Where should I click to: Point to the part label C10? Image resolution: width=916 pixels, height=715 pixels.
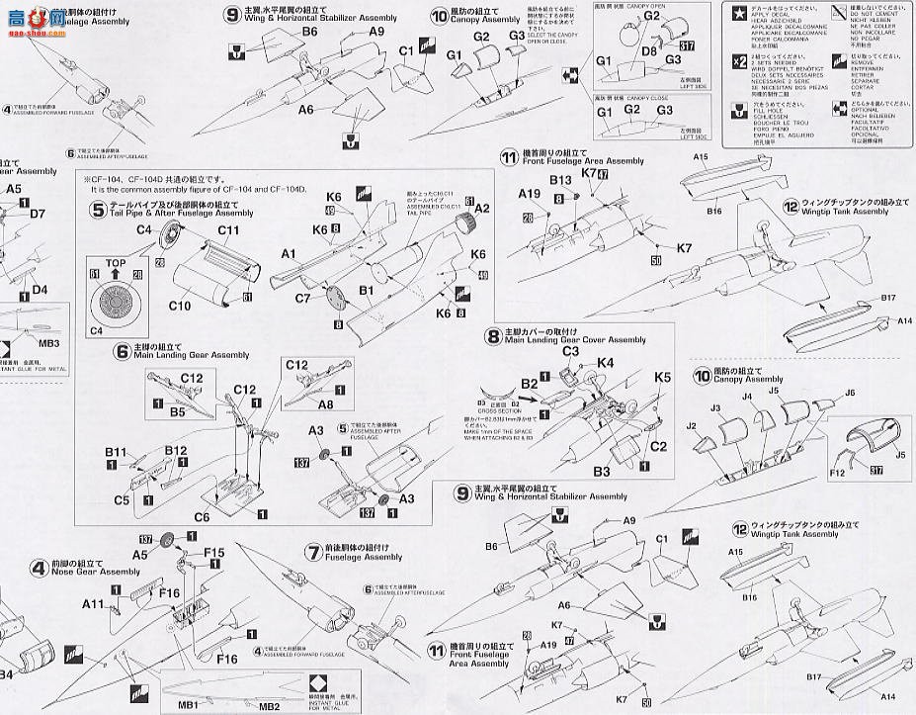pos(180,306)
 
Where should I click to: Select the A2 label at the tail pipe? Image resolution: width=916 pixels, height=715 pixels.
pos(482,209)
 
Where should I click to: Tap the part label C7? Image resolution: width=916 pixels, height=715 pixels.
pos(303,297)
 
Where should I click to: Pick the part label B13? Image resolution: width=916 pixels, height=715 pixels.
pos(561,181)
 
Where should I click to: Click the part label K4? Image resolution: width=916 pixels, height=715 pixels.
pos(606,364)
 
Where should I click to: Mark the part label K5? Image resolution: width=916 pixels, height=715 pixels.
pos(662,377)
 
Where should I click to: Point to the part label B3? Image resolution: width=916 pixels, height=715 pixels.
pos(601,473)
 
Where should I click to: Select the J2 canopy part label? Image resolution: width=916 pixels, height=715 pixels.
pos(693,427)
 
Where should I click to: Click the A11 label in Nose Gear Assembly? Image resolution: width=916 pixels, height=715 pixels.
pos(93,603)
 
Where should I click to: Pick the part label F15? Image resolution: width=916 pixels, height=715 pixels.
pos(214,554)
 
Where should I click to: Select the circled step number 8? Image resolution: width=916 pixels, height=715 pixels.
pos(492,335)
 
